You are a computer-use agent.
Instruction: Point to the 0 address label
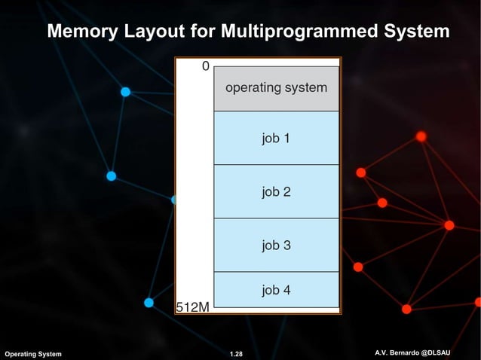205,66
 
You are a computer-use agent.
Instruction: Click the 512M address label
193,307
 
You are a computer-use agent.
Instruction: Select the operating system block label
276,87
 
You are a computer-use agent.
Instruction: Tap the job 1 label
276,139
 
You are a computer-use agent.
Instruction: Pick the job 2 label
276,192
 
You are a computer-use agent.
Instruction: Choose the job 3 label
276,246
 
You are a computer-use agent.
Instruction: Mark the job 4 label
276,290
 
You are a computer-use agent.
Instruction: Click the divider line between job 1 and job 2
276,165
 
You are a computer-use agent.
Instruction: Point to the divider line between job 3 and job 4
276,272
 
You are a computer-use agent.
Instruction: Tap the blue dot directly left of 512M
149,303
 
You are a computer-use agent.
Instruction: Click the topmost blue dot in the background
126,92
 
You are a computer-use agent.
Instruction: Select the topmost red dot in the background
421,136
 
